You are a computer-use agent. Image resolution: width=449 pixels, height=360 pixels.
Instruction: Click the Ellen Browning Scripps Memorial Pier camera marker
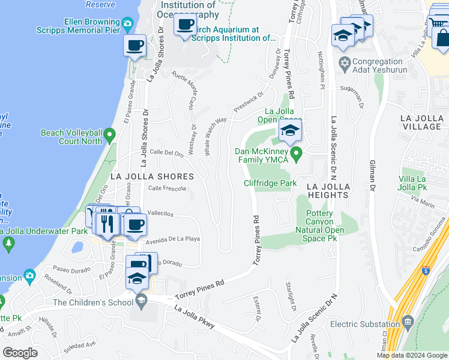pos(127,24)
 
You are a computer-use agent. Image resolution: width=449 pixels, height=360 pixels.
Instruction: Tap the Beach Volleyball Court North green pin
pos(110,136)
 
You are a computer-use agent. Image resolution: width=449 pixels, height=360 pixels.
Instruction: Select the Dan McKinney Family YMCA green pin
pos(295,155)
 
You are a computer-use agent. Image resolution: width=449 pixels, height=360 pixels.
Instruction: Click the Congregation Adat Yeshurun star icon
pos(345,62)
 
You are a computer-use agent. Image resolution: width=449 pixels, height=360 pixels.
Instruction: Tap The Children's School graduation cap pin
pos(141,301)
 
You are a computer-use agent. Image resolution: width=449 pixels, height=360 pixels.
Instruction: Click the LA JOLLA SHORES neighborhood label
pos(152,176)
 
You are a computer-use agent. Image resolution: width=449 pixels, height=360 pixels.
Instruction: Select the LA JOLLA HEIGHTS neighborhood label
pos(328,191)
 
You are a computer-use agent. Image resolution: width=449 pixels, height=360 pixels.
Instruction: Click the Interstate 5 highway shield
pos(425,272)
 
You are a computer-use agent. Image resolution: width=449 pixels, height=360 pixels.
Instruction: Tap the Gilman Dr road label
pos(372,179)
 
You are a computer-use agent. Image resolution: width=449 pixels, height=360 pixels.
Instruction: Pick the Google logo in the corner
pos(20,352)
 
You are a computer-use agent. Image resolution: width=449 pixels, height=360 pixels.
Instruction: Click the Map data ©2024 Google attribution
pos(411,355)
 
